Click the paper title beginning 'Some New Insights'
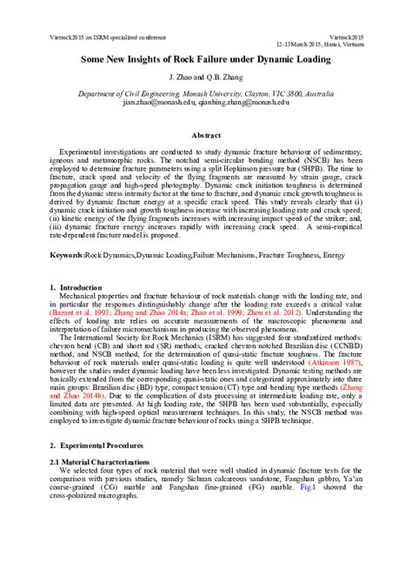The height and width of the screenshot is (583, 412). [206, 59]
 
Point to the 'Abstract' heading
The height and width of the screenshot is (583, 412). [206, 136]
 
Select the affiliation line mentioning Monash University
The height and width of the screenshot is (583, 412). [206, 92]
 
